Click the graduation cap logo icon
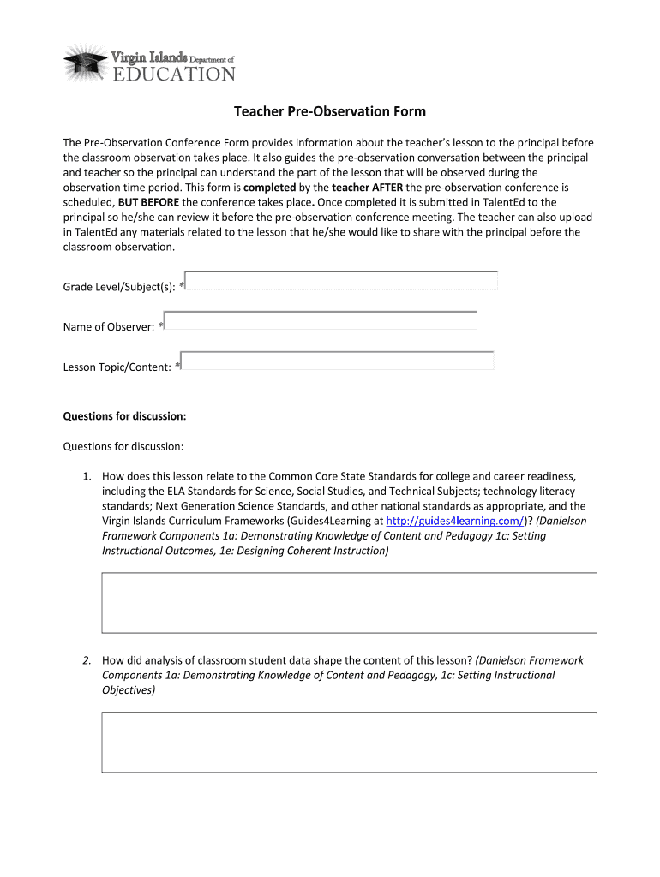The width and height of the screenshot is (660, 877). click(x=86, y=62)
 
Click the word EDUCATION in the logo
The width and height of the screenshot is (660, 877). click(x=174, y=74)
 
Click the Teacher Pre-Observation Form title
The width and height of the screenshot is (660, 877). click(x=330, y=112)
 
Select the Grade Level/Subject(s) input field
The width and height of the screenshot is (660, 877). click(x=342, y=281)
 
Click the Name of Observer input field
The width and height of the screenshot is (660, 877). click(x=321, y=320)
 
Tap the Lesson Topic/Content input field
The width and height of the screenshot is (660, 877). click(x=338, y=361)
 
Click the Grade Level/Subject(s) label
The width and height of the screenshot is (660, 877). click(x=119, y=287)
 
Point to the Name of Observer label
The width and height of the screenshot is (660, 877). click(x=109, y=327)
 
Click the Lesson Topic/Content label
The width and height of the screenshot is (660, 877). click(x=117, y=367)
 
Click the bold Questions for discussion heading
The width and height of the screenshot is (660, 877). click(x=124, y=416)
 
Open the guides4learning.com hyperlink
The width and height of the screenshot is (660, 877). click(x=455, y=521)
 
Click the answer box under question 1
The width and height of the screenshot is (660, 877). click(x=349, y=603)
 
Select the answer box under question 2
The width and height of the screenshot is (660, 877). click(x=349, y=743)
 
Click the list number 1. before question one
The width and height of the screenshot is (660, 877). click(x=87, y=476)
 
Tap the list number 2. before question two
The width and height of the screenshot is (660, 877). click(x=87, y=660)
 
